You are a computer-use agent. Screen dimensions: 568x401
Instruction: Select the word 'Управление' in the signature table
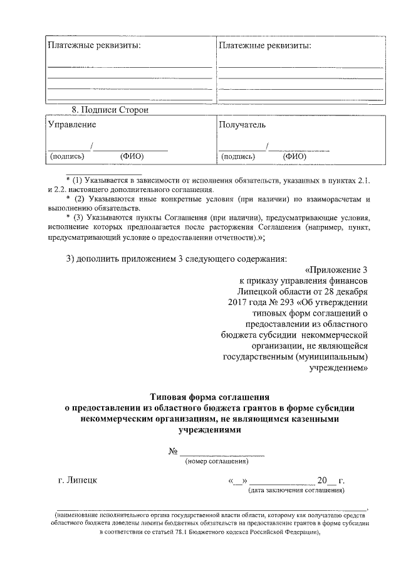[72, 124]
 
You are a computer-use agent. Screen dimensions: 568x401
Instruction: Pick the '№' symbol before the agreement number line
[174, 453]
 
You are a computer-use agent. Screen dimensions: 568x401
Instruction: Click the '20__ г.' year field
[331, 481]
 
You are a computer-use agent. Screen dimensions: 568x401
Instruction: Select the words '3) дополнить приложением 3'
[123, 259]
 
